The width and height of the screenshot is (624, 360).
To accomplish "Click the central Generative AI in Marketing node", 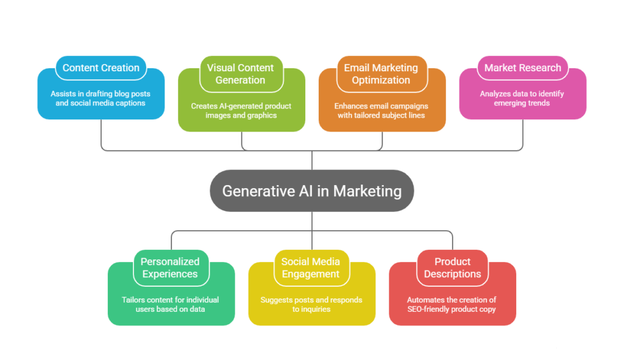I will (x=311, y=191).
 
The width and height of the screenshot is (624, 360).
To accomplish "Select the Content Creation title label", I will (x=101, y=68).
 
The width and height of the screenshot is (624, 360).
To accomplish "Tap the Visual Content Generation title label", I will (x=241, y=74).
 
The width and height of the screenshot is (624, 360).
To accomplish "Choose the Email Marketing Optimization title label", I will (x=381, y=74).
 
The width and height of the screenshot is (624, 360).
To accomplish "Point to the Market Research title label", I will (x=522, y=68).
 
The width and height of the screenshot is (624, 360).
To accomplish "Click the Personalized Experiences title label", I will (x=170, y=267).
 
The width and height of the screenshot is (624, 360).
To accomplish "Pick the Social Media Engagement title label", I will (x=311, y=267).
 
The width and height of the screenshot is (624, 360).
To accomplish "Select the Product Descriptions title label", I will (x=452, y=267).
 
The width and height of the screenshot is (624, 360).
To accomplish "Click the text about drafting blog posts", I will (x=101, y=98).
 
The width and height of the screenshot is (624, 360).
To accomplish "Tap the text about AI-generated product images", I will (x=241, y=110).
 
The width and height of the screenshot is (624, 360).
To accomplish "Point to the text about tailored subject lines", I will (x=382, y=110).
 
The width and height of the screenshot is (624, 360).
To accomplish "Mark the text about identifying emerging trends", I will (x=523, y=98).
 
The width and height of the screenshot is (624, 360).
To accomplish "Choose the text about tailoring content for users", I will (x=171, y=304).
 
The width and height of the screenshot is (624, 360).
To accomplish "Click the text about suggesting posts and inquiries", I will (x=311, y=304).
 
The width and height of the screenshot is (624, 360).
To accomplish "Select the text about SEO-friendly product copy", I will (x=452, y=304).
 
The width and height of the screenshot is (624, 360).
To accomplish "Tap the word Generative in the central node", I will (x=251, y=191).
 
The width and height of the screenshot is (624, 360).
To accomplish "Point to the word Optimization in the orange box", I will (x=381, y=80).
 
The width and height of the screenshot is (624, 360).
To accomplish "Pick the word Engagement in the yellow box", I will (x=311, y=274).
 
